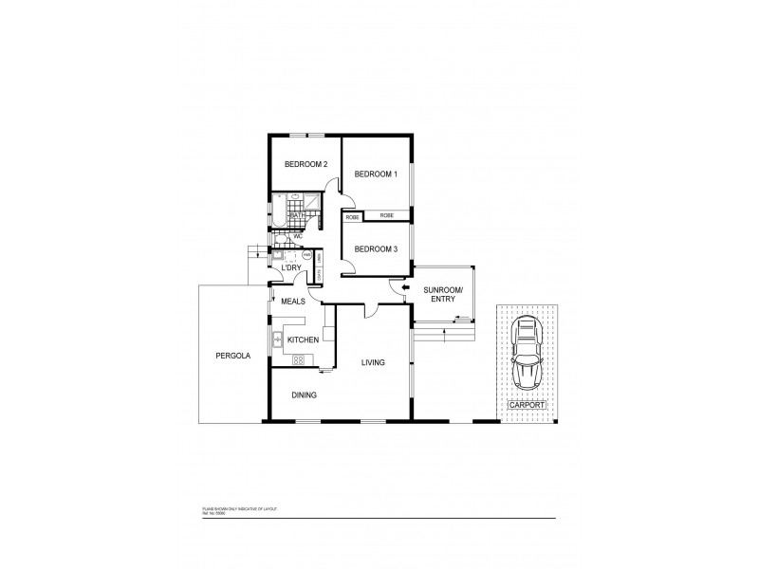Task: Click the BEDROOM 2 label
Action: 305,165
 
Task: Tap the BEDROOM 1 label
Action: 375,174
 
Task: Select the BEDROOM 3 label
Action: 375,249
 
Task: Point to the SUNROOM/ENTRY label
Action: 442,293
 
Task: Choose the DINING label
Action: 304,395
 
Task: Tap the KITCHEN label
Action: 303,340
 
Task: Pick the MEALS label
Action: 292,301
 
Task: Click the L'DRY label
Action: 290,268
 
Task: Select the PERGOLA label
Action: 231,357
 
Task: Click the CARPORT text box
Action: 527,405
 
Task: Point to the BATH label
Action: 297,216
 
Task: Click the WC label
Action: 309,237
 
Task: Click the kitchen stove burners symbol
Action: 298,360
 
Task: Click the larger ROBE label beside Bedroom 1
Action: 387,216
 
